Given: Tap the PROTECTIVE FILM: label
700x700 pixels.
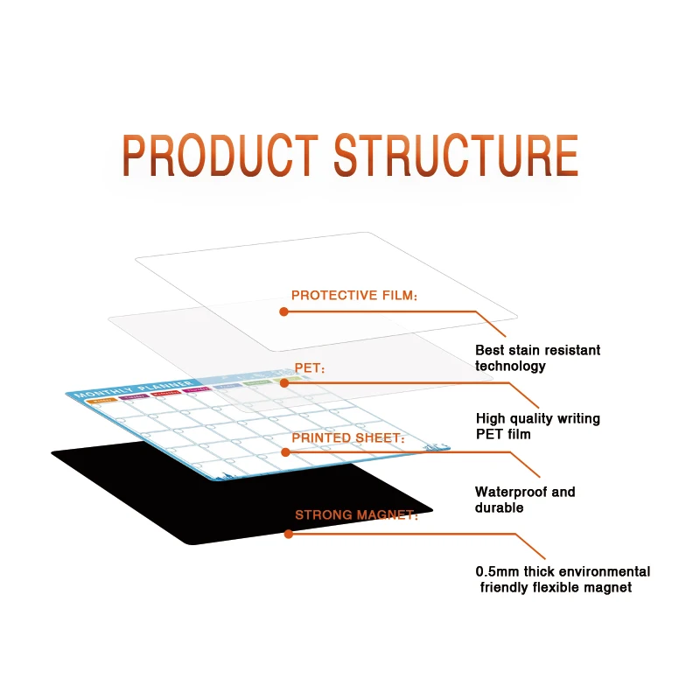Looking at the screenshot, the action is (354, 296).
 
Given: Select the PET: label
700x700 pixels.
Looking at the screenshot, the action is (310, 370).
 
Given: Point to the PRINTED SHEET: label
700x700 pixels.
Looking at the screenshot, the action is (348, 437).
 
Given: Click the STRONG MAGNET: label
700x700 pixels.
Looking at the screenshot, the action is (356, 514).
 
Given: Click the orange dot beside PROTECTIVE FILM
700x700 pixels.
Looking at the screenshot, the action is (283, 311).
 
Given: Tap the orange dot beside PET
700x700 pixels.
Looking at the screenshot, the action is (283, 382).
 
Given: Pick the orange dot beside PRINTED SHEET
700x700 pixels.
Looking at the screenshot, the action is (285, 452).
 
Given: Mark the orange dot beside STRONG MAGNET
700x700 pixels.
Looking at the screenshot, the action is (288, 532).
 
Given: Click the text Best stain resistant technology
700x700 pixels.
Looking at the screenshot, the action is (537, 358).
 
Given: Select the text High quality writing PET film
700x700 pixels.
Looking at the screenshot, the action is (537, 426).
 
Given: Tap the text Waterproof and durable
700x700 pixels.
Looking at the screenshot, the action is (525, 500).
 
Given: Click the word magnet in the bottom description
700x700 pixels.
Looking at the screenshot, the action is (608, 587).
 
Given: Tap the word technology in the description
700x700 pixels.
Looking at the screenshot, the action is (510, 366).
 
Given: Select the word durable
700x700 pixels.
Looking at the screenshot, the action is (499, 507).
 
